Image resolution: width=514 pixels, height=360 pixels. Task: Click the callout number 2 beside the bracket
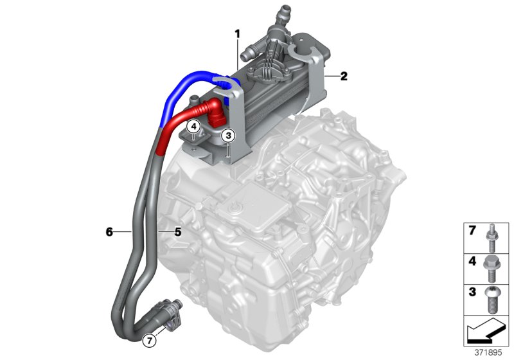coord(343,76)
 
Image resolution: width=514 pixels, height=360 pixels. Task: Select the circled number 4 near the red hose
coord(193,127)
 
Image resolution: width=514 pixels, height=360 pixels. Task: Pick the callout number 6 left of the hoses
coord(110,230)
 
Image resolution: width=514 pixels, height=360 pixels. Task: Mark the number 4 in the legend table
coord(472,262)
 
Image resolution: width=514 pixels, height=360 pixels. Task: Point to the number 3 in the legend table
coord(472,292)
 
